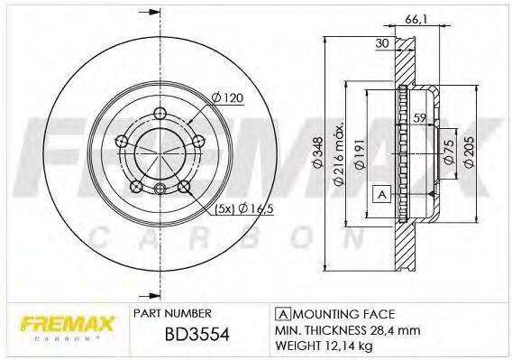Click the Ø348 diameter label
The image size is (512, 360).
click(332, 161)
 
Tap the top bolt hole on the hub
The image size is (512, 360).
click(159, 113)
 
